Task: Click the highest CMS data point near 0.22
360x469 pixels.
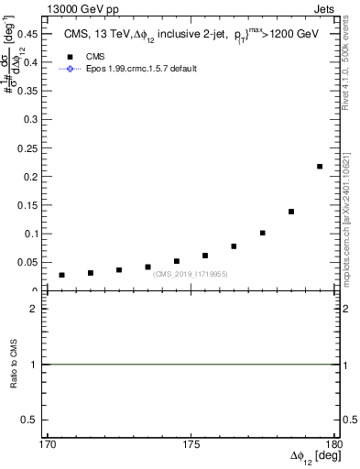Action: point(320,166)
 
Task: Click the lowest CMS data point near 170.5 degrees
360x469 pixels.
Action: point(61,275)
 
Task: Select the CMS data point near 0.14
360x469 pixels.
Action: point(291,212)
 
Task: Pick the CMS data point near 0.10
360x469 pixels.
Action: point(263,233)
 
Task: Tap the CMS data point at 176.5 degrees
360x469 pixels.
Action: point(234,246)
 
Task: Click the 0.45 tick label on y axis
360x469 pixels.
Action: point(30,33)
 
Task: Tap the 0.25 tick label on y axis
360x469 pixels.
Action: point(30,147)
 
